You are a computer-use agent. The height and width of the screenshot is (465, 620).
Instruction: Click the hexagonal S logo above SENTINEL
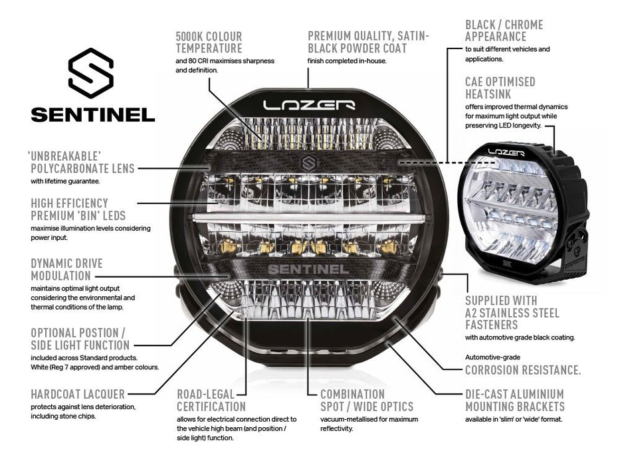[92, 72]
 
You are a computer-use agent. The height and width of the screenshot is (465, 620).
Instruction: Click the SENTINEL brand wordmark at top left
[92, 114]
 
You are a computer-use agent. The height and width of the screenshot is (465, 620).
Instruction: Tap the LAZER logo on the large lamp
[309, 105]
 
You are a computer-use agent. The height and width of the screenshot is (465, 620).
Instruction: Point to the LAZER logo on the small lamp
[506, 152]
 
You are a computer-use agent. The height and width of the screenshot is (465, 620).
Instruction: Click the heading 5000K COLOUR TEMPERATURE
[209, 42]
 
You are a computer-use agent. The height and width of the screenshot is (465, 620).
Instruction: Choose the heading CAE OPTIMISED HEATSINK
[500, 88]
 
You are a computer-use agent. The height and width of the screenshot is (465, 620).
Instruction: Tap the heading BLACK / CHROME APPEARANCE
[504, 31]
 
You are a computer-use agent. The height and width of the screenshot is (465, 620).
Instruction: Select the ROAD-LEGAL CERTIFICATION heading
[212, 400]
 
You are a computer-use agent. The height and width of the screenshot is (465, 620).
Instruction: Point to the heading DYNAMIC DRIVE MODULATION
[60, 269]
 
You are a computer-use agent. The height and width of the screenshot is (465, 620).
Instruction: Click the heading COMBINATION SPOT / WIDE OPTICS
[366, 400]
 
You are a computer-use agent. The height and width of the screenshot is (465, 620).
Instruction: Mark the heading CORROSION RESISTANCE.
[523, 370]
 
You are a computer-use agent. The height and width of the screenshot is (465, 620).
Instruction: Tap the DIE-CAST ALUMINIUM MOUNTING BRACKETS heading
[514, 400]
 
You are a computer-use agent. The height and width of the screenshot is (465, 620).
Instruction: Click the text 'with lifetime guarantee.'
[64, 181]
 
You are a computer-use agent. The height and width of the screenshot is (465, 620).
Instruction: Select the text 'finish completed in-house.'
[346, 61]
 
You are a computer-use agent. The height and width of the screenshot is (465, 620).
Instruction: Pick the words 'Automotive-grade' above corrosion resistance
[492, 357]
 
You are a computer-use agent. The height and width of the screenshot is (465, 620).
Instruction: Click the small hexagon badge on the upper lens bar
[308, 163]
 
